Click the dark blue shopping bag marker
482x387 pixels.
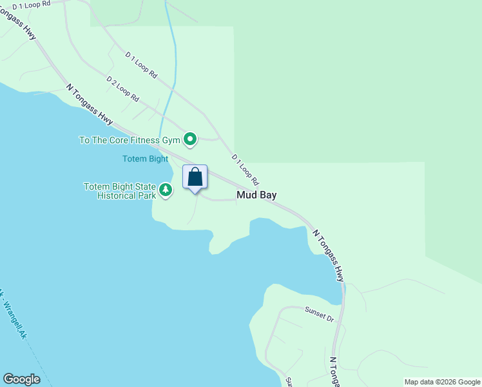click(x=195, y=177)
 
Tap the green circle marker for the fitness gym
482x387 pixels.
click(x=190, y=139)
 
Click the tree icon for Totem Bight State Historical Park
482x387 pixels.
click(x=166, y=190)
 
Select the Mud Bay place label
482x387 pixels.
click(x=256, y=194)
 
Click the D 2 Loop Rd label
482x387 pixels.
click(x=122, y=90)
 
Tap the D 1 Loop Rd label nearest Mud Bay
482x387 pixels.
click(x=245, y=170)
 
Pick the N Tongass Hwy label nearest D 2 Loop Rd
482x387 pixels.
click(x=89, y=104)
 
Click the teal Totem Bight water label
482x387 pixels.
click(x=145, y=159)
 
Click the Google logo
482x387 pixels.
click(x=21, y=379)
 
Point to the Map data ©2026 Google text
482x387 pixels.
click(x=442, y=382)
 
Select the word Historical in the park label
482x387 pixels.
click(x=119, y=195)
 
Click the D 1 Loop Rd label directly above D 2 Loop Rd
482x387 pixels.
click(x=141, y=65)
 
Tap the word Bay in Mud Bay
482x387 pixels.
click(x=267, y=194)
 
